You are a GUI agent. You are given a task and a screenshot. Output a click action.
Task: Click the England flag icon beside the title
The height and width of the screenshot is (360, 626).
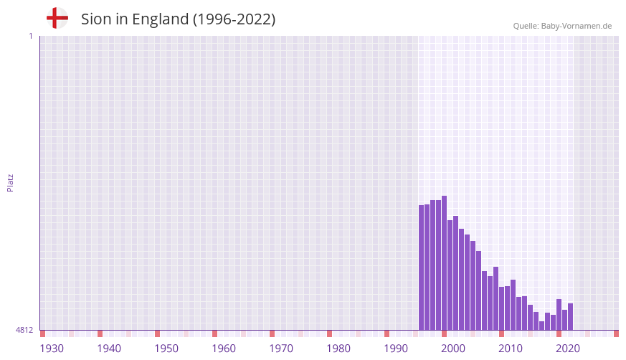[57, 18]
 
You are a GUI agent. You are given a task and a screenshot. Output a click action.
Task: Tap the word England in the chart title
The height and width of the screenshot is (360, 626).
[158, 19]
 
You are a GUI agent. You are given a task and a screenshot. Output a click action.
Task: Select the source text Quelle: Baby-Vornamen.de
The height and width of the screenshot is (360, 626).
[562, 26]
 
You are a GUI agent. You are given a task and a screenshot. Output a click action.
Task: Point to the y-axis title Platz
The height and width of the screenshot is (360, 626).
[11, 182]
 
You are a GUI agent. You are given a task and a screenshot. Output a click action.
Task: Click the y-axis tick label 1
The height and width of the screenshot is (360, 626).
[30, 36]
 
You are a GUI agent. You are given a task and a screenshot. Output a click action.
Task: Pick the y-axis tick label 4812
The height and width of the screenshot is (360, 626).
[24, 330]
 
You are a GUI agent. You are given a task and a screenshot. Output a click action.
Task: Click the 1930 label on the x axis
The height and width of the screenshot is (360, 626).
[52, 349]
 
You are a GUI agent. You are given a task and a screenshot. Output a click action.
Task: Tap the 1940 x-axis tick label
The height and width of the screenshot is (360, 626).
[109, 349]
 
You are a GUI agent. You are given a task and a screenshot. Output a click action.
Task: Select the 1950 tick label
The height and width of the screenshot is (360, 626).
[166, 349]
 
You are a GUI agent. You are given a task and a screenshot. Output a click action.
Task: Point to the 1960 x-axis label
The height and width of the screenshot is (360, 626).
[224, 349]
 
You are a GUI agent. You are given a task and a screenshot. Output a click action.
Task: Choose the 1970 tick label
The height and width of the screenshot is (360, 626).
[281, 349]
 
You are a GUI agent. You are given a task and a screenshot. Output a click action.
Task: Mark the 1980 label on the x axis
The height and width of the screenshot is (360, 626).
[338, 349]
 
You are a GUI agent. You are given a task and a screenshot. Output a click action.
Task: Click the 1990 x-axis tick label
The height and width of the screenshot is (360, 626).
[396, 349]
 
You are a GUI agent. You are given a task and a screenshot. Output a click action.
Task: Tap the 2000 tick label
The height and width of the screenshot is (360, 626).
[453, 349]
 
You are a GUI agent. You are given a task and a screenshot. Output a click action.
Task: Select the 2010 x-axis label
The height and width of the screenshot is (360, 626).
[511, 349]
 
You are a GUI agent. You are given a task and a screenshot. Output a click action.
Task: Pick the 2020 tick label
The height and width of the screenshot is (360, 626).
[568, 349]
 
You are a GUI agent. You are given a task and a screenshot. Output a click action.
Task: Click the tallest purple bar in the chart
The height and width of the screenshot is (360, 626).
[444, 262]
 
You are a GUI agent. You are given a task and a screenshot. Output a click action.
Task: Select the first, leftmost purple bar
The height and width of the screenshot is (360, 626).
[422, 267]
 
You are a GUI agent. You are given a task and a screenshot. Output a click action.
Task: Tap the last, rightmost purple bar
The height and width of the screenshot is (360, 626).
[570, 316]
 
